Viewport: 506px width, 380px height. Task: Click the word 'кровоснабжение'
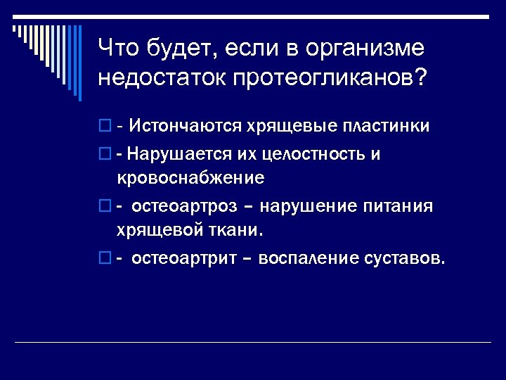point(190,177)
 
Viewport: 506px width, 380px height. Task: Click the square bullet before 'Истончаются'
point(105,127)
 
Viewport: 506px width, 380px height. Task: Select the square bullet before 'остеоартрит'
point(105,259)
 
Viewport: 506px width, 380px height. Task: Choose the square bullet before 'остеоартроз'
point(105,207)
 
